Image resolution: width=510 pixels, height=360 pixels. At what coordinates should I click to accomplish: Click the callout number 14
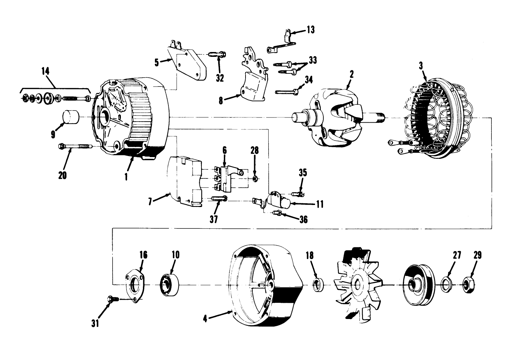(45, 71)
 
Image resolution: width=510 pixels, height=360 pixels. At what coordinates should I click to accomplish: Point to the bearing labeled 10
(170, 284)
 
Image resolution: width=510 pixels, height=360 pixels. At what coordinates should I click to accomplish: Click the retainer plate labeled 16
(134, 285)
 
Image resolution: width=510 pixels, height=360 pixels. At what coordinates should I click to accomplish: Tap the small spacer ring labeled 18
(318, 285)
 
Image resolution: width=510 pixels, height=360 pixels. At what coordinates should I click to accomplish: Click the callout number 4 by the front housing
(205, 319)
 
